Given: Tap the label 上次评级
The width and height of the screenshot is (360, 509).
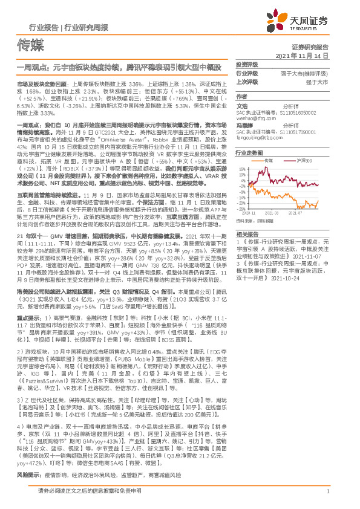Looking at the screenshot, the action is coord(247,81).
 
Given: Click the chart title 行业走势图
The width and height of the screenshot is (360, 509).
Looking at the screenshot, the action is coord(249,152).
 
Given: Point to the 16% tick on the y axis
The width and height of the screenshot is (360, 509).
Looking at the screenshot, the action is coord(241,169).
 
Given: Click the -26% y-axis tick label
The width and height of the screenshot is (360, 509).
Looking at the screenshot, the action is coord(241,209).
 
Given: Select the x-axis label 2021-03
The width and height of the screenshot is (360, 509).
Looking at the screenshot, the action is coord(273,213).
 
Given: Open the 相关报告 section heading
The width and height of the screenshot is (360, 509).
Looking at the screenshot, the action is coord(247,233).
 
